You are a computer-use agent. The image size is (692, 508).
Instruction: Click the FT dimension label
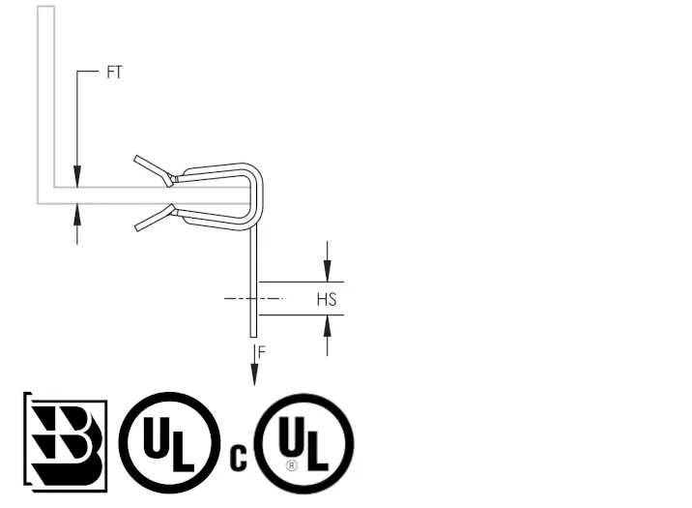114,72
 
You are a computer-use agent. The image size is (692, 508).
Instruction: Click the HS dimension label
327,299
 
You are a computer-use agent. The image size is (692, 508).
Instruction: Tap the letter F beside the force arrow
262,352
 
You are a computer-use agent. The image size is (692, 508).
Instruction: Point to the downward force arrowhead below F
254,374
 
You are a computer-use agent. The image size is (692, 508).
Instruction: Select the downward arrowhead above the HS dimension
327,270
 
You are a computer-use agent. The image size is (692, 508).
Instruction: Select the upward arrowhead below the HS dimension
327,326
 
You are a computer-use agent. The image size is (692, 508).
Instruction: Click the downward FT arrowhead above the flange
77,176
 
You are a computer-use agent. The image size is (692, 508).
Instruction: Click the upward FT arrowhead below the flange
77,215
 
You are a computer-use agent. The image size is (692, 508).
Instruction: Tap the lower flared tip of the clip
137,227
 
